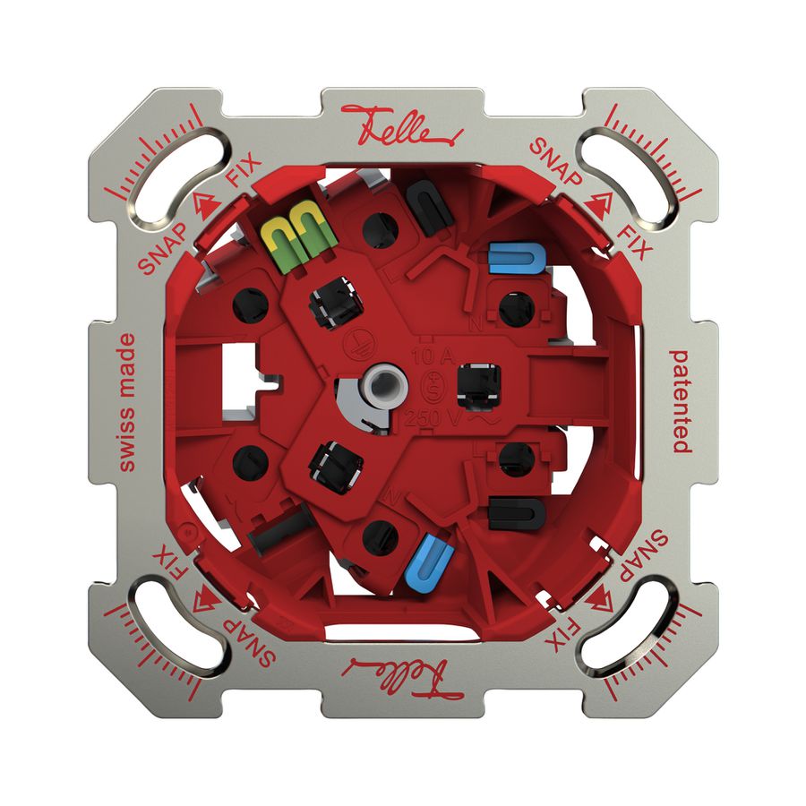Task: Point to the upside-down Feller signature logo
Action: point(403,673)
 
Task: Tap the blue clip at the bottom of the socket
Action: point(428,558)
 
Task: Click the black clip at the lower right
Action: point(517,513)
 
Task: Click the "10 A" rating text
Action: point(425,354)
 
